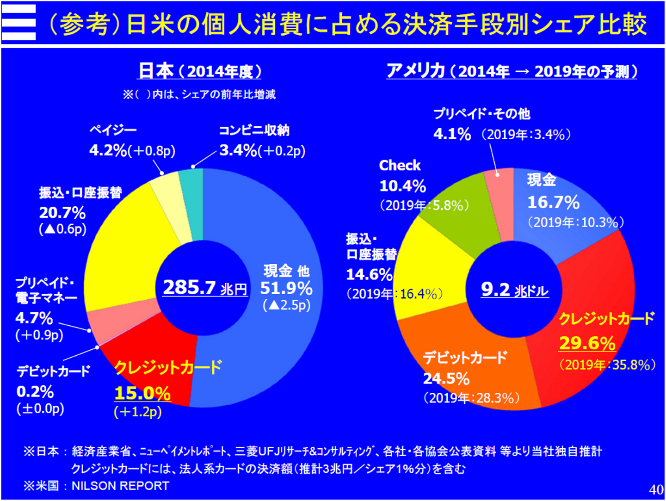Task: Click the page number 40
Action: coord(656,489)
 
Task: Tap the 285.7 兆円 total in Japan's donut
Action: coord(205,288)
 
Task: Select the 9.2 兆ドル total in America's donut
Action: coord(515,290)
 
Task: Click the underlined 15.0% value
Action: coord(142,393)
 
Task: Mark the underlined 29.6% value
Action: coord(587,343)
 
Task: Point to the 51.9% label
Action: coord(286,288)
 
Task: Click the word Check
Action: coord(400,165)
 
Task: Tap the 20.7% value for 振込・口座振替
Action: coord(62,213)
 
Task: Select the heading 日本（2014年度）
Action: coord(200,71)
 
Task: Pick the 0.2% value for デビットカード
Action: coord(35,392)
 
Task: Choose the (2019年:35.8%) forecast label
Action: coord(607,365)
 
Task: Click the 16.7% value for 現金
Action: coord(553,202)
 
